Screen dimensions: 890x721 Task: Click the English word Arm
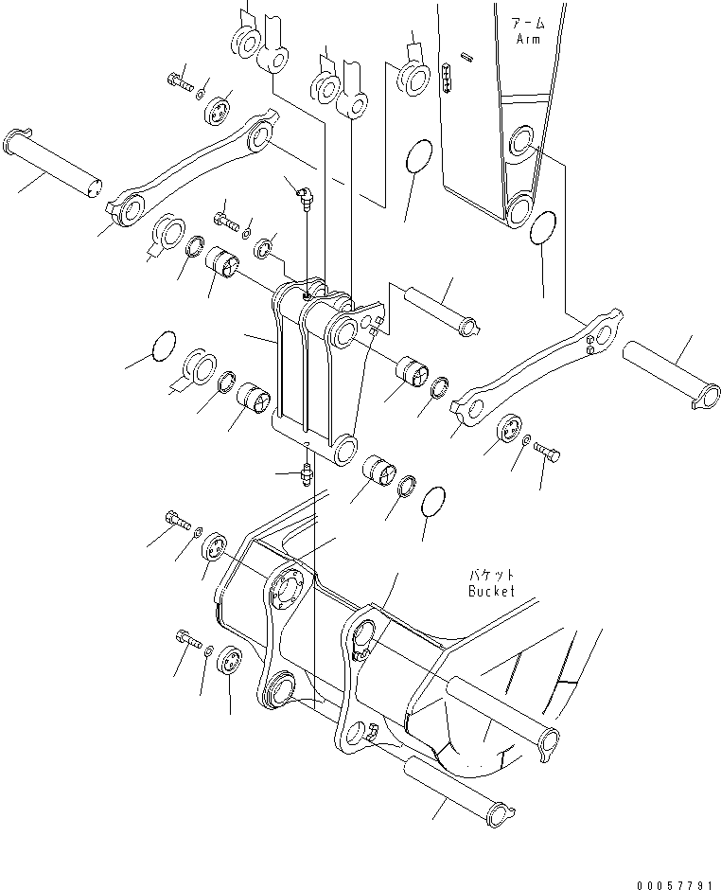tap(527, 39)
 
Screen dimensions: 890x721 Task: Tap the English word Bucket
tap(491, 591)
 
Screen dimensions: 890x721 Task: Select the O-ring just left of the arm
tap(419, 157)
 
